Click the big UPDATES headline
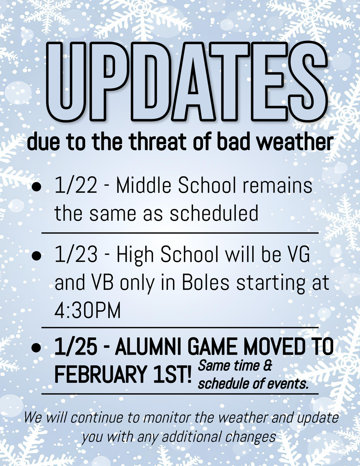coord(188,82)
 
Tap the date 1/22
coord(76,186)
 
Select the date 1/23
coord(76,255)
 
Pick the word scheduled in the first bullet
coord(214,213)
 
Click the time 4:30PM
coord(88,310)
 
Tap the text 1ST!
coord(169,374)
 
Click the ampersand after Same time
coord(267,365)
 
